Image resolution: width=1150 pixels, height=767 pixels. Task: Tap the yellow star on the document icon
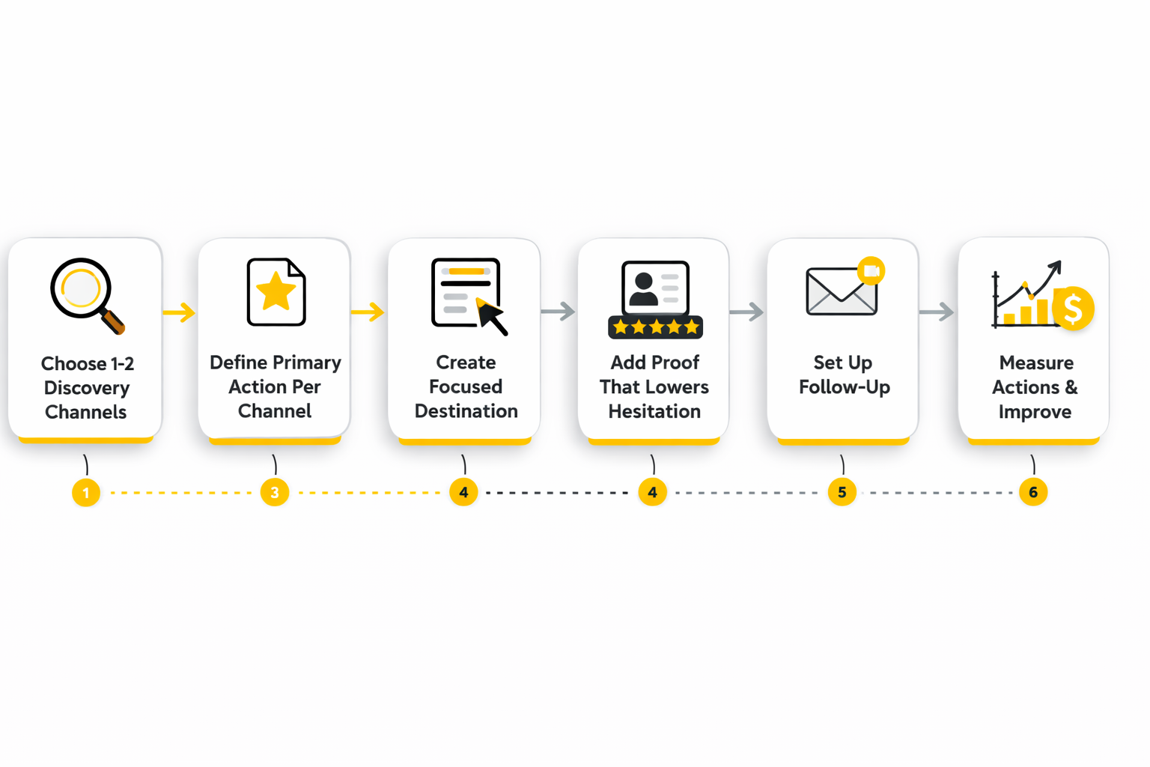coord(276,291)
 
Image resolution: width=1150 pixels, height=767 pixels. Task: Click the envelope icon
coord(841,291)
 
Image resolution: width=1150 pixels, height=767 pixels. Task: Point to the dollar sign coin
coord(1073,309)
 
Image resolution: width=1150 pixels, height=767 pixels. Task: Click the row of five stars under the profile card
coord(655,327)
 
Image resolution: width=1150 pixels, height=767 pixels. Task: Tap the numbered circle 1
coord(86,493)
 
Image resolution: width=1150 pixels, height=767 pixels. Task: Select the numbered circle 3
coord(275,493)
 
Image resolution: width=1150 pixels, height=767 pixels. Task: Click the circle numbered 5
coord(842,493)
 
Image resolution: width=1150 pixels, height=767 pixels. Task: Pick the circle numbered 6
coord(1033,493)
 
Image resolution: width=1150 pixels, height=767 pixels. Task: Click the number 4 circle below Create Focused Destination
coord(463,493)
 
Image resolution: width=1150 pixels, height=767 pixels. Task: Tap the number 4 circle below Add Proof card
coord(653,493)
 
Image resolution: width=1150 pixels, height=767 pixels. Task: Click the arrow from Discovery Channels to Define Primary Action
coord(180,312)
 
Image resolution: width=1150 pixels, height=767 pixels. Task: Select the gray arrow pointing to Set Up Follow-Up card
coord(747,312)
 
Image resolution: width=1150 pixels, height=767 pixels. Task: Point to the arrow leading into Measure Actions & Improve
coord(937,312)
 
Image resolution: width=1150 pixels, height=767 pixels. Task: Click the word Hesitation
coord(654,411)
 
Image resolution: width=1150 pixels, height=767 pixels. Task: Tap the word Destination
coord(466,411)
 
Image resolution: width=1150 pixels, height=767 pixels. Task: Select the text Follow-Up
coord(844,387)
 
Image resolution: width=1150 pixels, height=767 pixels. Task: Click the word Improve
coord(1035,412)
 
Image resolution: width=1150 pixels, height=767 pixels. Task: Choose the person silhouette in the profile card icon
coord(643,290)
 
